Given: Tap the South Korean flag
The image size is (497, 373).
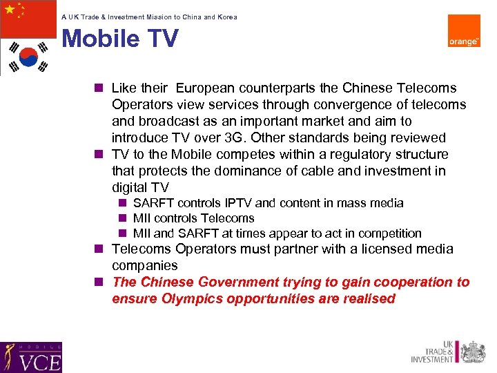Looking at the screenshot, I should click(x=28, y=57).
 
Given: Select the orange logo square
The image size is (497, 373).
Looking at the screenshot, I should click(x=464, y=31).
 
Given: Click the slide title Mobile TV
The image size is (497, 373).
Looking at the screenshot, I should click(x=120, y=39).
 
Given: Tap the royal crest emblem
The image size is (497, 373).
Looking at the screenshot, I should click(x=473, y=352).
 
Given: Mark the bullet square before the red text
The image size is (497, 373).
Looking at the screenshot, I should click(x=100, y=282).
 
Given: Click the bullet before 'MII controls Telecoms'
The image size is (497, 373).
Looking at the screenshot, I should click(x=121, y=218).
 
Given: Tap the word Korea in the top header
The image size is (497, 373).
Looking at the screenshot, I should click(x=227, y=17).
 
